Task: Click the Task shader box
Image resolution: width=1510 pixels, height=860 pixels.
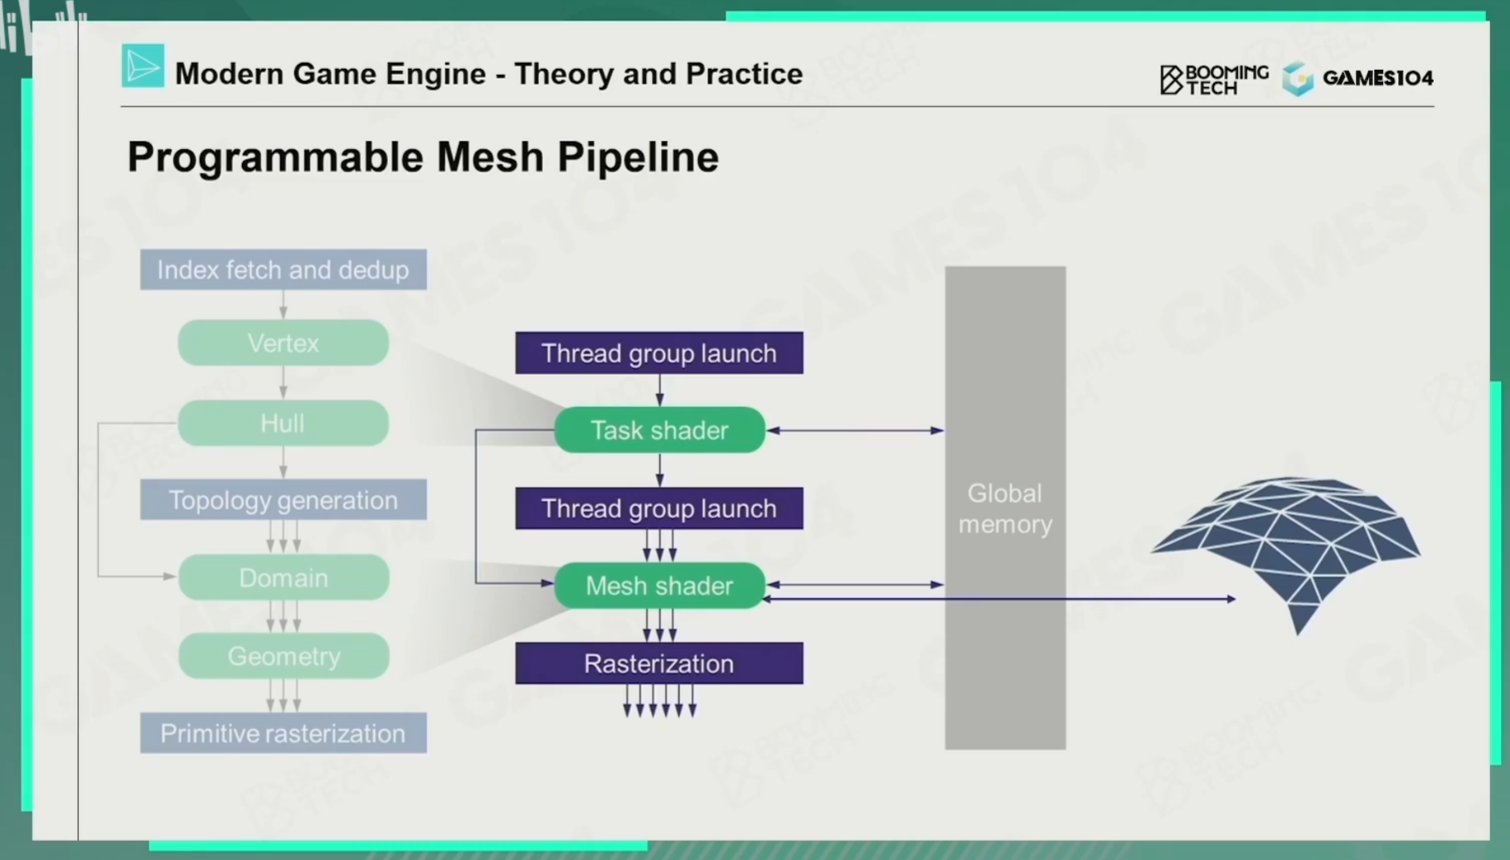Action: click(659, 430)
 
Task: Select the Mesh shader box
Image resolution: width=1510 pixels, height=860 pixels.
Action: click(659, 585)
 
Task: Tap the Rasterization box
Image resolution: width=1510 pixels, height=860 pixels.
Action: click(659, 663)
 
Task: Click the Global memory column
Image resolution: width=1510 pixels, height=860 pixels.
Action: click(1005, 508)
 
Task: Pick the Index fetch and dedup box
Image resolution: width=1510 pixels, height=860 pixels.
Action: click(284, 270)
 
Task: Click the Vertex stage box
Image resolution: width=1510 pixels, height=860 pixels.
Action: click(284, 343)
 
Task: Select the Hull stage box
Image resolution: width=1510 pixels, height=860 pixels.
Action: click(284, 423)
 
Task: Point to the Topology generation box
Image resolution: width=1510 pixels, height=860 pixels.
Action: click(284, 500)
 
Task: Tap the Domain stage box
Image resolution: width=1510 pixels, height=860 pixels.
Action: click(284, 578)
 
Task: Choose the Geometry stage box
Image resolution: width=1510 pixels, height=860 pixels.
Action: click(284, 656)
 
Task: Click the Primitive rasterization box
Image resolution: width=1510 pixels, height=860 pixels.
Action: click(284, 733)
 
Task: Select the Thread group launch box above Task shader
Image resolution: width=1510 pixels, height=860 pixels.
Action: click(659, 353)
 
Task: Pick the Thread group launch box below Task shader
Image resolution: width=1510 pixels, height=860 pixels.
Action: click(659, 508)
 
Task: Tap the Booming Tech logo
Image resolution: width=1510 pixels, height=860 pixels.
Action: click(1214, 80)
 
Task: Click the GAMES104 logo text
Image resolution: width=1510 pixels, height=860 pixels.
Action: click(1377, 78)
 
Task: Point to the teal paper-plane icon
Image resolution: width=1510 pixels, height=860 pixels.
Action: click(143, 66)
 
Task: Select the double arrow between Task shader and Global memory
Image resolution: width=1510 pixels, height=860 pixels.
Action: click(855, 430)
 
